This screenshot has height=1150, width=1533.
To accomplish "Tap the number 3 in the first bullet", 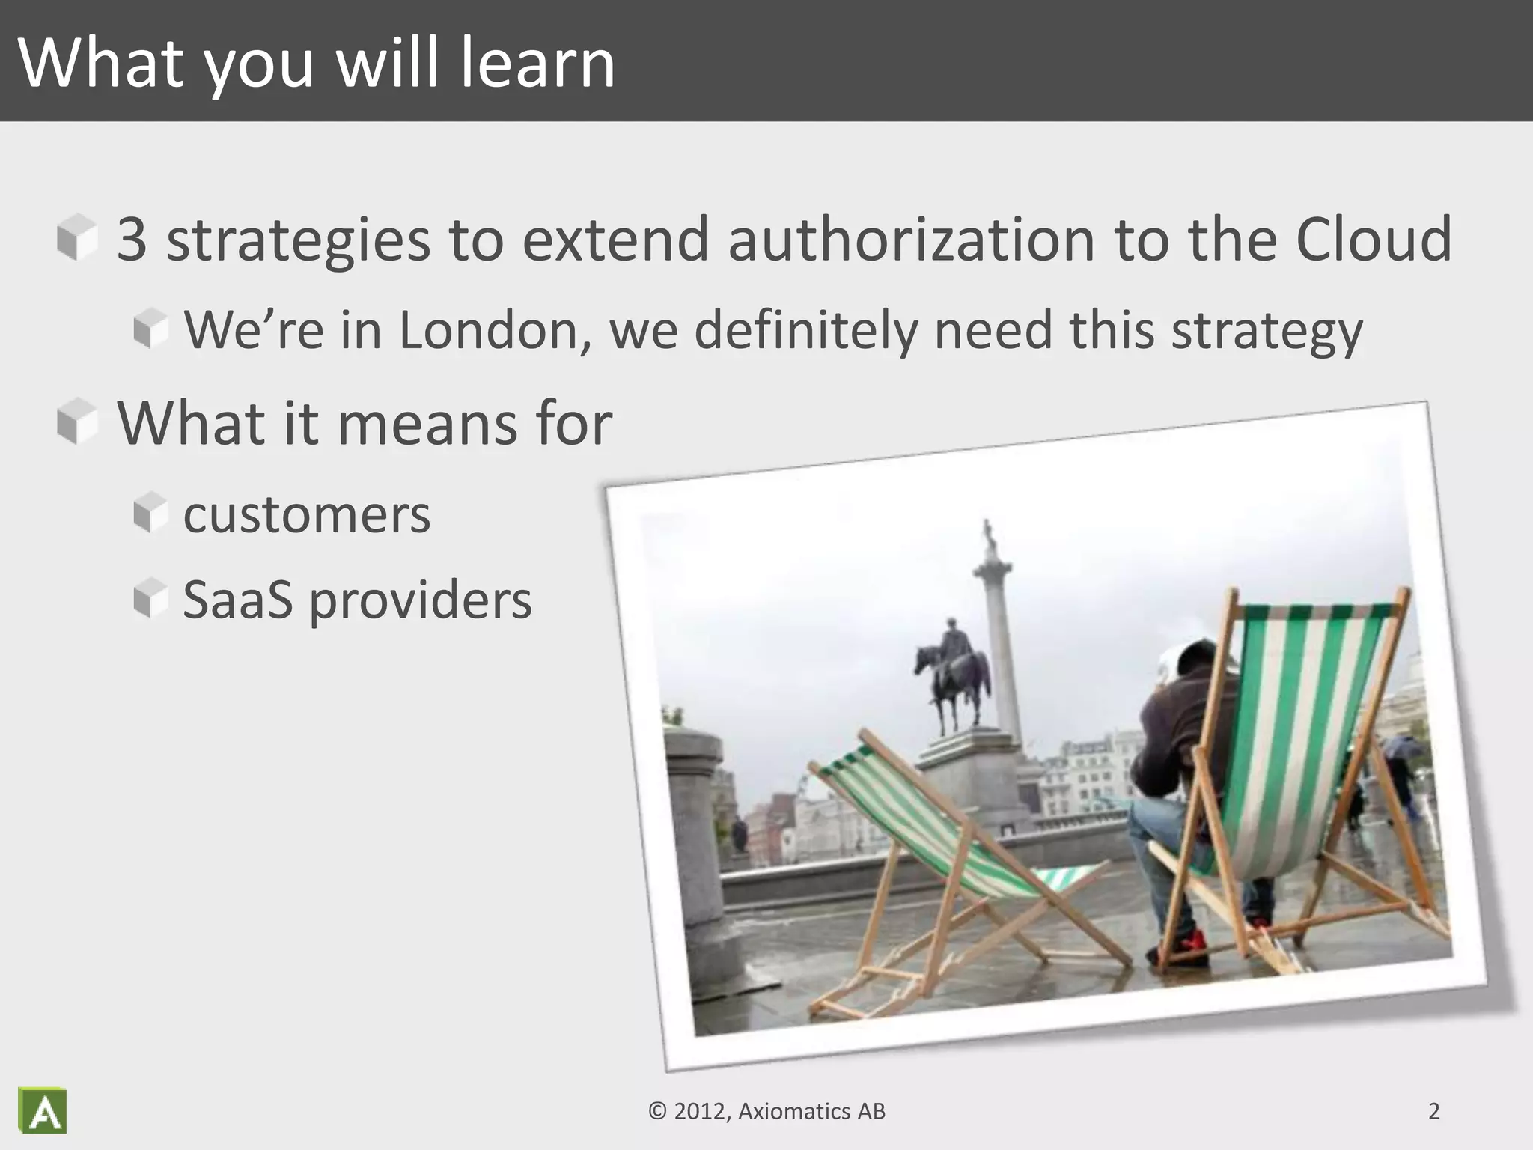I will [132, 240].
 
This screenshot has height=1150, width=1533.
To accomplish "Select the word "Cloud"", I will [1374, 240].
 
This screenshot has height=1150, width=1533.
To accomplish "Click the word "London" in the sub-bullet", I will [490, 329].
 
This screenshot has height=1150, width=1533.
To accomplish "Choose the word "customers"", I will [307, 515].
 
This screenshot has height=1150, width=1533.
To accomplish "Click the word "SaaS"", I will [237, 600].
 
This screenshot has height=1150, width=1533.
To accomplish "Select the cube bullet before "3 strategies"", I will [77, 237].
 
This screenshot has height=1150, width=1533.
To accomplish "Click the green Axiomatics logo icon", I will [43, 1110].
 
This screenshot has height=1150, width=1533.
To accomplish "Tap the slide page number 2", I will [1433, 1111].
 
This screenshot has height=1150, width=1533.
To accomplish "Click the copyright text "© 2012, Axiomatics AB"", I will [766, 1111].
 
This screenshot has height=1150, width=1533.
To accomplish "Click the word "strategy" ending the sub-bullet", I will [1267, 331].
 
